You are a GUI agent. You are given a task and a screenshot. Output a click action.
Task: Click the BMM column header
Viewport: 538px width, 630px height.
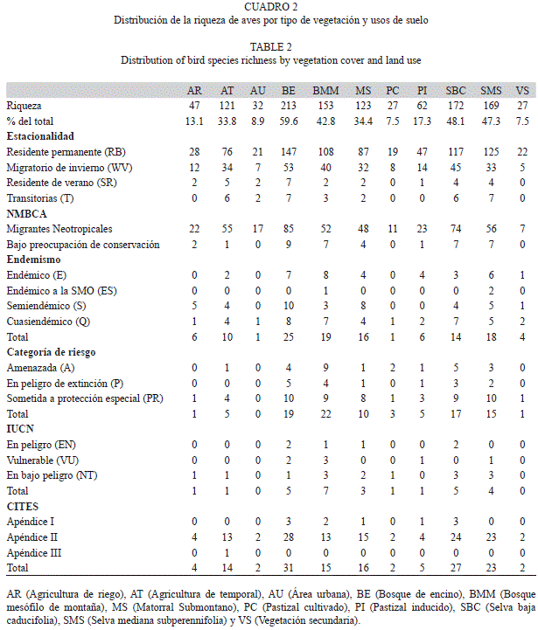[325, 90]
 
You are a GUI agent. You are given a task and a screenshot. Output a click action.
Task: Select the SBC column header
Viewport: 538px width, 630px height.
[456, 90]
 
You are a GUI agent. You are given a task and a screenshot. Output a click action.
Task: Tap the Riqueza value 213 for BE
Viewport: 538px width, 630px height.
[288, 106]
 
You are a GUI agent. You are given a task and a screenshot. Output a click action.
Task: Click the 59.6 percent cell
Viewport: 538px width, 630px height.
[289, 121]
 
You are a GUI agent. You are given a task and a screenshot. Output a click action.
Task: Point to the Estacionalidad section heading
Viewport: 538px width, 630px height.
[40, 136]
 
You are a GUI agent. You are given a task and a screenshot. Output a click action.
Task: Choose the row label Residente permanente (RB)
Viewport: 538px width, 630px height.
[66, 152]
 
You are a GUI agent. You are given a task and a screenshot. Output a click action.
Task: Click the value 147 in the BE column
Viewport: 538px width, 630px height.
[289, 152]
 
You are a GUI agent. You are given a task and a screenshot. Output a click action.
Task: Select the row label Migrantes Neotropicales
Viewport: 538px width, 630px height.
[59, 229]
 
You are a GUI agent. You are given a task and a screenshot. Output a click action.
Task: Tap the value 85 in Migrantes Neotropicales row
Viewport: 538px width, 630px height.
[288, 229]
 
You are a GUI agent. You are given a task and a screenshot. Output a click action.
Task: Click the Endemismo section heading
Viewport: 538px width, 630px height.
[33, 260]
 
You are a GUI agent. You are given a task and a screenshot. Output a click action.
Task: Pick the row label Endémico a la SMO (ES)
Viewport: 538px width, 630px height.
[61, 290]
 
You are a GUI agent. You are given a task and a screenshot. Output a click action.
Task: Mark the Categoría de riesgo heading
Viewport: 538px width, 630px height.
[51, 352]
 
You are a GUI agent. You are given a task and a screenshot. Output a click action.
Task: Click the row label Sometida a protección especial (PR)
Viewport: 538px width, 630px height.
[85, 398]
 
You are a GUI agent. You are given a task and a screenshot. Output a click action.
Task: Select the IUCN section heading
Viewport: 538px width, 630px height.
[20, 429]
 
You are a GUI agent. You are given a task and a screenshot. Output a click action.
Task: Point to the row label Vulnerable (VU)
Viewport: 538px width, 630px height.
[43, 460]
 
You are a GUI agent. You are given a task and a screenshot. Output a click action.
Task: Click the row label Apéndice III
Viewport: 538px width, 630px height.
[34, 553]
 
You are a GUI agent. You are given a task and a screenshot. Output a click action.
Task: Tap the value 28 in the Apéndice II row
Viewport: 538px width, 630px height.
[288, 537]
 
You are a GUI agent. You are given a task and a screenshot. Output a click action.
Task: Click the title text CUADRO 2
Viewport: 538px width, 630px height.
[271, 7]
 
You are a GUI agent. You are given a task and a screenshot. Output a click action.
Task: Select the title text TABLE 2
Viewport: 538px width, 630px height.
[271, 47]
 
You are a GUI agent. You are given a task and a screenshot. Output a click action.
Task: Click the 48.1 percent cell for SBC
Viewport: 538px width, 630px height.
[456, 121]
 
